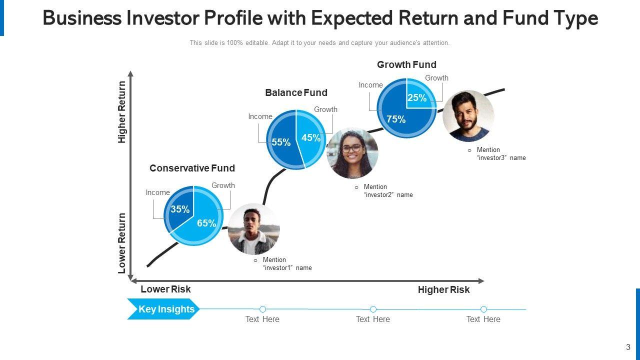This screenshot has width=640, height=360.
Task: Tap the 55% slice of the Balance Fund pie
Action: pyautogui.click(x=281, y=141)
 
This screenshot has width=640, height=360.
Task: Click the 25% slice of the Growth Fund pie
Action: pyautogui.click(x=419, y=95)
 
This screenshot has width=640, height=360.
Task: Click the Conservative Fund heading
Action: pyautogui.click(x=192, y=168)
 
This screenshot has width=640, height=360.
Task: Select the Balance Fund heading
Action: pyautogui.click(x=296, y=92)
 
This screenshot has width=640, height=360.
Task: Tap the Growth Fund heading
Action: pyautogui.click(x=406, y=64)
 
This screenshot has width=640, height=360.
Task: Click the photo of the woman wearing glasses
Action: pyautogui.click(x=352, y=153)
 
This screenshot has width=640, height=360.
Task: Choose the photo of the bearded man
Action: pyautogui.click(x=468, y=116)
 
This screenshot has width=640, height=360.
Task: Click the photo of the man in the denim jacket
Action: pyautogui.click(x=253, y=229)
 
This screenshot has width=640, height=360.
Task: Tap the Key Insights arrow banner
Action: pyautogui.click(x=163, y=309)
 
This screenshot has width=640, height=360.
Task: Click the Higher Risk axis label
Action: pyautogui.click(x=443, y=289)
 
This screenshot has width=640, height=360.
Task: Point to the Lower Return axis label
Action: pyautogui.click(x=121, y=243)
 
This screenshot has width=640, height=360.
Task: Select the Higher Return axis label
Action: pyautogui.click(x=121, y=112)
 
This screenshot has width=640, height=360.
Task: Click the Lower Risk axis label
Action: pyautogui.click(x=165, y=289)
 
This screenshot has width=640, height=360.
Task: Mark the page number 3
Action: pyautogui.click(x=628, y=347)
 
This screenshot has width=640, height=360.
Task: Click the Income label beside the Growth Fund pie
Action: pyautogui.click(x=370, y=85)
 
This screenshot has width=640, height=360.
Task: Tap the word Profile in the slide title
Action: pyautogui.click(x=233, y=18)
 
